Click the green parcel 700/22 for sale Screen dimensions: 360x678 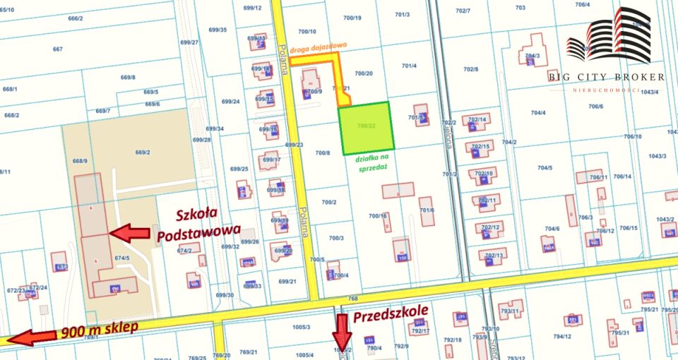point(364,128)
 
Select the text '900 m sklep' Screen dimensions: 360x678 point(100,330)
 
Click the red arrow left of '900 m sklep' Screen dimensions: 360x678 point(32,337)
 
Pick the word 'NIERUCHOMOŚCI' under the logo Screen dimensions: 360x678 point(607,90)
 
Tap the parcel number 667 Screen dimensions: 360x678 point(58,49)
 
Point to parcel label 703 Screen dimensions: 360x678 point(521,8)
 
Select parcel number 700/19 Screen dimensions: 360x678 point(353,18)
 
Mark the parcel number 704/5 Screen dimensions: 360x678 point(544,167)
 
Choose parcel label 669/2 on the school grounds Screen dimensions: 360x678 point(143,152)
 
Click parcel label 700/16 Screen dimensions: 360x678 point(378,216)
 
